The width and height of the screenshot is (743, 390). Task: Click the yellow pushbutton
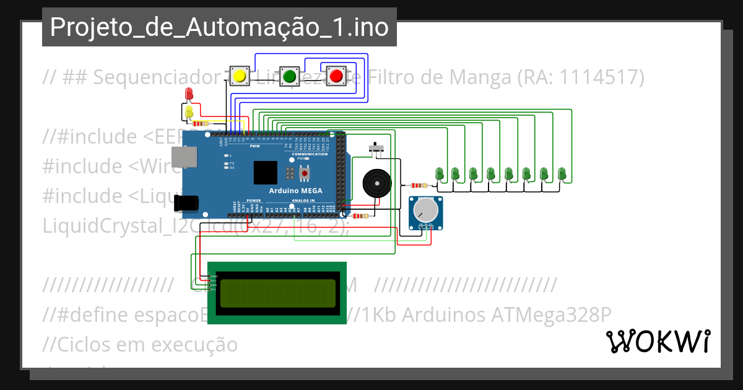point(239,76)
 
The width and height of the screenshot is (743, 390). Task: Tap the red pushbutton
point(336,76)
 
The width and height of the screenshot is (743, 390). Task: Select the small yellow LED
point(189,111)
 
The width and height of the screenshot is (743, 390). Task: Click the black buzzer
point(375,183)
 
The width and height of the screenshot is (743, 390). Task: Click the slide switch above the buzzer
point(376,149)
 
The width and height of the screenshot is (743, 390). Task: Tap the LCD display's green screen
point(277,293)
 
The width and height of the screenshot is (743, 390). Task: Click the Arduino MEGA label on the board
point(295,191)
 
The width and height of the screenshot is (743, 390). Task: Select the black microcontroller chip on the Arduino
point(265,171)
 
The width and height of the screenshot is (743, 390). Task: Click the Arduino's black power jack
point(186,202)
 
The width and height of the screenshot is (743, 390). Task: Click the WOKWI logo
point(658,341)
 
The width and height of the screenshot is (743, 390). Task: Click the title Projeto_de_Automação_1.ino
point(219,27)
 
